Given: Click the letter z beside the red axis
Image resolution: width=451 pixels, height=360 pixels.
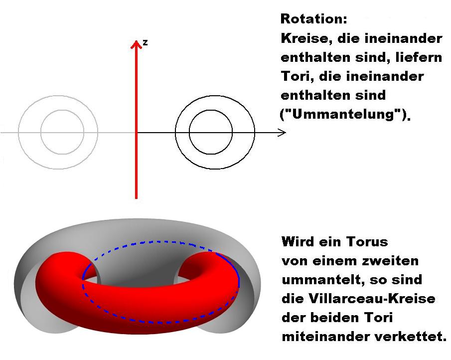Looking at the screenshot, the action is click(x=145, y=43).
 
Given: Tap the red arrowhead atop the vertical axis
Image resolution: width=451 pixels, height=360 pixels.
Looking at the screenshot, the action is click(x=137, y=44).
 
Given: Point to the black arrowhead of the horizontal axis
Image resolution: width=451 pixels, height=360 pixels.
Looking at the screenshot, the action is click(x=282, y=133).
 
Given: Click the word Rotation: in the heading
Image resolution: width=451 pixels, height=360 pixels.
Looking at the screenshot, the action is click(x=314, y=19).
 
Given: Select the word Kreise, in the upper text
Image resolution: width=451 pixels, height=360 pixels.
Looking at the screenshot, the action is click(x=306, y=38).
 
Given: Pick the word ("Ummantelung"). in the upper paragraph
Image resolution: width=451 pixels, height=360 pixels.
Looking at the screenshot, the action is click(x=345, y=115).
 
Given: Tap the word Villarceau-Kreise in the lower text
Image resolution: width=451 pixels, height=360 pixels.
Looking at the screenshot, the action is click(x=372, y=298).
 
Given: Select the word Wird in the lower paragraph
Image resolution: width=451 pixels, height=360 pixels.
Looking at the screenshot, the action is click(x=299, y=241).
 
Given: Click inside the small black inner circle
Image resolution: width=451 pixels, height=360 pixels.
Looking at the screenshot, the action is click(x=211, y=132).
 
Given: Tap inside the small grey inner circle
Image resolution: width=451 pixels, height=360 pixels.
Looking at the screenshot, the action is click(x=62, y=132).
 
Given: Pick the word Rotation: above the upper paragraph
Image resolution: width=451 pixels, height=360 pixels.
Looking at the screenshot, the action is click(x=314, y=19).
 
